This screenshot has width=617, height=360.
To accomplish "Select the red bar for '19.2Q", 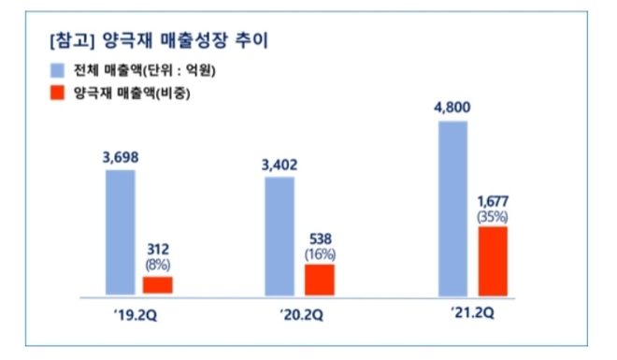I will [x=157, y=285].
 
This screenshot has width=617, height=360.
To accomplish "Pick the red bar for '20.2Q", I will [x=320, y=279].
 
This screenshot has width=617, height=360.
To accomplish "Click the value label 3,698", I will [x=120, y=157].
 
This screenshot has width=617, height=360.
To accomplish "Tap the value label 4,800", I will [x=452, y=108].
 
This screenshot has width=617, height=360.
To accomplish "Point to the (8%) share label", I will [x=157, y=265].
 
